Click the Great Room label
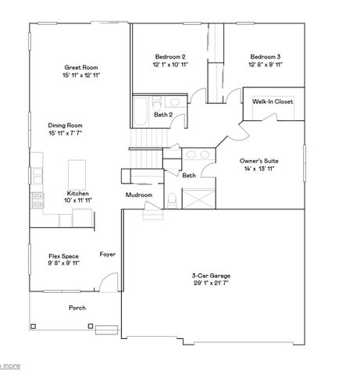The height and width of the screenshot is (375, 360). click(81, 67)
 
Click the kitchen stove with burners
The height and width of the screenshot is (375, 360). click(36, 200)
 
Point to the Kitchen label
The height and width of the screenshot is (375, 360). click(77, 193)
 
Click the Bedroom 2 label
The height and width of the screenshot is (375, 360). click(169, 57)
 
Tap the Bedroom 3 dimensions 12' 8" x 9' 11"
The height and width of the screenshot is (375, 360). click(265, 65)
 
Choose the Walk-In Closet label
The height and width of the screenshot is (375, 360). click(271, 102)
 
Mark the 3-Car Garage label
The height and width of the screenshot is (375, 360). click(212, 276)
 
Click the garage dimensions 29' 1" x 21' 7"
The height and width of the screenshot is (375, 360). click(212, 284)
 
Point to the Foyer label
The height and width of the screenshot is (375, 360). click(108, 255)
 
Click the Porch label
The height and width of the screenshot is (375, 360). click(77, 308)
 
